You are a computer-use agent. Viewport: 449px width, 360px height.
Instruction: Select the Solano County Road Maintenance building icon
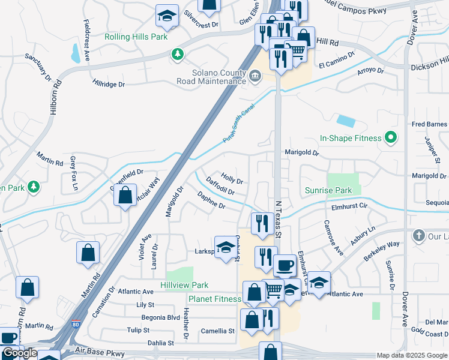tap(256, 75)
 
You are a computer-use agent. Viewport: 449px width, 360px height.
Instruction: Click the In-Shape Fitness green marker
tap(391, 138)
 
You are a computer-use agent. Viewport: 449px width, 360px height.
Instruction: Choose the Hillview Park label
tap(184, 285)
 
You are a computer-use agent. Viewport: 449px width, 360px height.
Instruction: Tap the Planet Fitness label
tap(215, 299)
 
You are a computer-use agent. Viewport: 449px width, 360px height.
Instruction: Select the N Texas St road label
tap(278, 213)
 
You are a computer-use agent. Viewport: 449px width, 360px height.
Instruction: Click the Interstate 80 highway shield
tap(74, 323)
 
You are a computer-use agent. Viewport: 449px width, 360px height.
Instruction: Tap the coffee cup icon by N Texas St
tap(285, 263)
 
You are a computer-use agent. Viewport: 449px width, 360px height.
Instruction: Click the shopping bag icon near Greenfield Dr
tap(124, 195)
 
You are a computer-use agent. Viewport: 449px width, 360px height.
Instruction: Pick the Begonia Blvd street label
tap(161, 317)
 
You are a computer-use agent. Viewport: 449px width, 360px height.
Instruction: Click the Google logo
tap(19, 353)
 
